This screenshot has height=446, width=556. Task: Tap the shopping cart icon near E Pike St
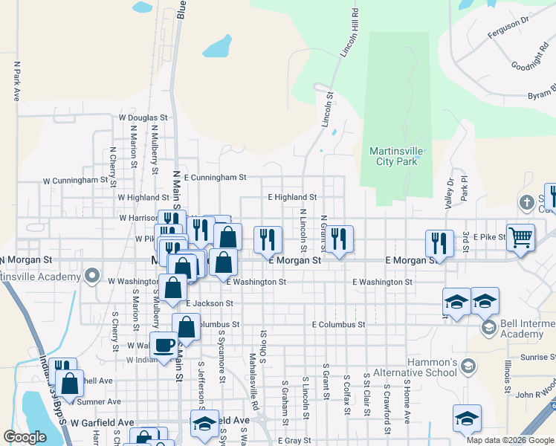(x=520, y=238)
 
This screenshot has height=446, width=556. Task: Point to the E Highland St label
(x=293, y=197)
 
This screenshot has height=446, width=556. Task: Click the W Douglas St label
(x=143, y=117)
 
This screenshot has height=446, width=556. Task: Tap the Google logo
(x=25, y=437)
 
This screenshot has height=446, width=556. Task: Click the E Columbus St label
(x=338, y=325)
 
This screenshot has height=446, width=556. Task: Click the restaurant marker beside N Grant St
(x=338, y=239)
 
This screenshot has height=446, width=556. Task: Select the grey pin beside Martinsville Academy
(x=92, y=277)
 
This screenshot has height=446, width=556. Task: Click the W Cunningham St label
(x=75, y=180)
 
